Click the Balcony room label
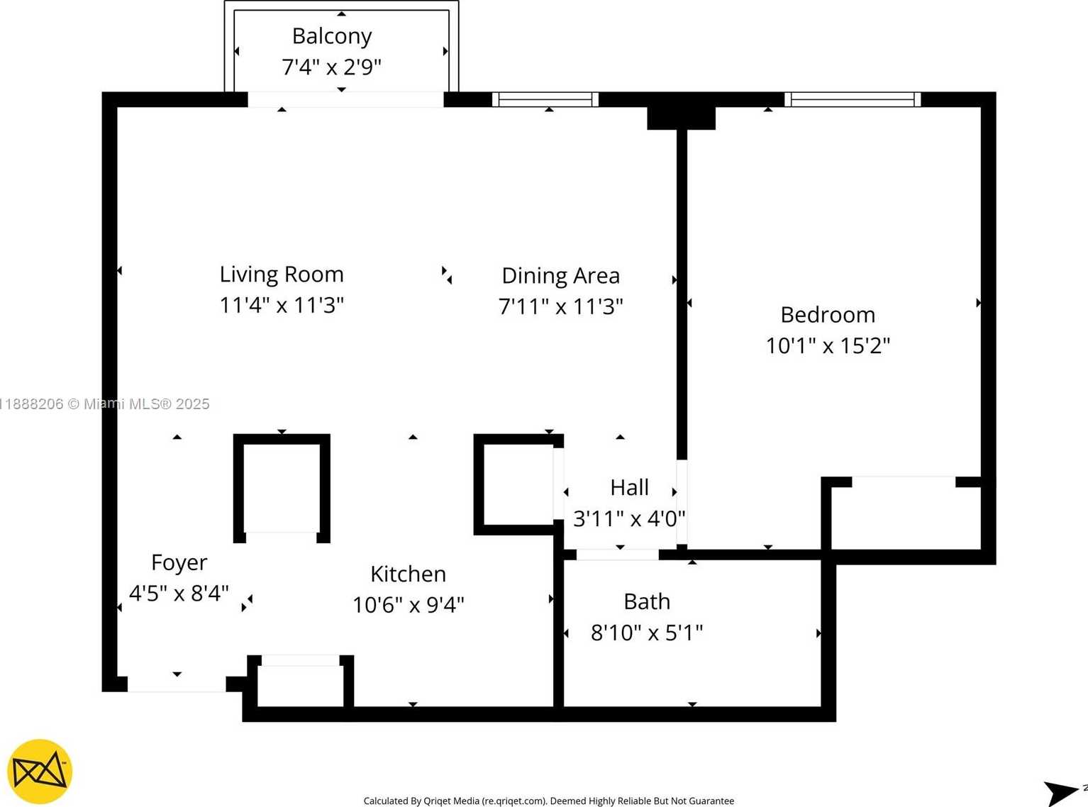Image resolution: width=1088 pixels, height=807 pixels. click(332, 37)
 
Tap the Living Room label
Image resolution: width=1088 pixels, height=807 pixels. click(282, 274)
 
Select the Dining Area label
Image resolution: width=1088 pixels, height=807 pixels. click(561, 276)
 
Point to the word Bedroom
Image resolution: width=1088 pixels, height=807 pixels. click(828, 315)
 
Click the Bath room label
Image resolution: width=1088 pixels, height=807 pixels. click(647, 601)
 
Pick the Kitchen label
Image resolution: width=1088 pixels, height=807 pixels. click(408, 574)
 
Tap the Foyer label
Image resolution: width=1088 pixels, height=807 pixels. click(179, 563)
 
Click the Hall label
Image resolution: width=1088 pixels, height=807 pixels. click(629, 488)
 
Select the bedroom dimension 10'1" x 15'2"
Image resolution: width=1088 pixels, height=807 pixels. click(828, 346)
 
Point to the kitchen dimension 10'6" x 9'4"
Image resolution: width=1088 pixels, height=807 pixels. click(408, 605)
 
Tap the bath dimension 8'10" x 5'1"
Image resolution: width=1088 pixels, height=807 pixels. click(647, 633)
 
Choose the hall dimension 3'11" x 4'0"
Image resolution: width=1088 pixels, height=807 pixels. click(629, 518)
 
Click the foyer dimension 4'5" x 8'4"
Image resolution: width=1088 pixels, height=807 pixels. click(179, 594)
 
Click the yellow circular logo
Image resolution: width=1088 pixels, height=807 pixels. click(40, 772)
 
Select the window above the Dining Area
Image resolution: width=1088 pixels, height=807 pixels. click(545, 99)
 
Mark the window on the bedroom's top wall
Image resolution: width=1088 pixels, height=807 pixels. click(853, 99)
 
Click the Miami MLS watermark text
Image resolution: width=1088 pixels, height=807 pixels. click(104, 403)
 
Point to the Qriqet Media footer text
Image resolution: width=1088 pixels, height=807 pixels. click(549, 801)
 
